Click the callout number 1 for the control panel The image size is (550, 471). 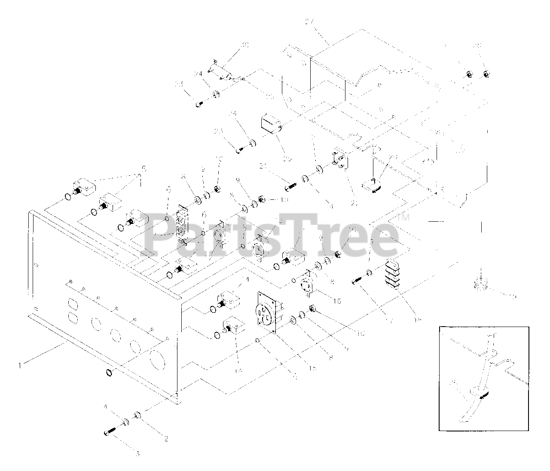click(x=19, y=366)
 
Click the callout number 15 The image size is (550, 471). click(x=312, y=368)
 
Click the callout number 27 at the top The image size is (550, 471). click(x=318, y=20)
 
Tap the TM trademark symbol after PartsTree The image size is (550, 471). click(x=405, y=217)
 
